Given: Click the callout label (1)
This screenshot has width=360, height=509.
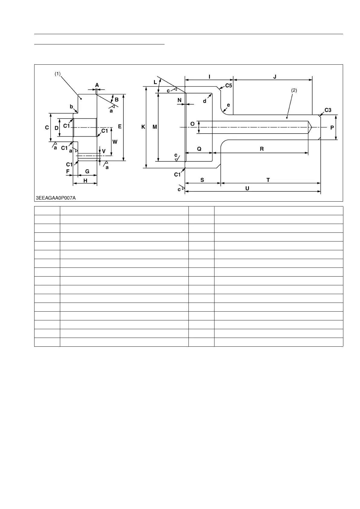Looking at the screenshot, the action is tap(57, 73).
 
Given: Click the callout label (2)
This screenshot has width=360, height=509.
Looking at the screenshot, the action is tap(294, 90).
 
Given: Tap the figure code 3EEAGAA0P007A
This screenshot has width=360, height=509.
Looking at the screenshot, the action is tap(56, 198).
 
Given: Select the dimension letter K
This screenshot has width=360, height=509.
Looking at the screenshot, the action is tap(143, 127).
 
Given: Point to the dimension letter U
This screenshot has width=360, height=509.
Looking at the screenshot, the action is tap(247, 188).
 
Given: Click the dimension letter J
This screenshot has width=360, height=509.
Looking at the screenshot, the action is tap(275, 77).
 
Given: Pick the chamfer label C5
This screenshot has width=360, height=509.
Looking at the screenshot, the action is tap(228, 86).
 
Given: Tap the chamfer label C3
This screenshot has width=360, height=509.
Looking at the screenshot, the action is tap(328, 110).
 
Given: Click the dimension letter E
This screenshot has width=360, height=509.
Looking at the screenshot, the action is tap(120, 127).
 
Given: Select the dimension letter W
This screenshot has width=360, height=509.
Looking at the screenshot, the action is tap(115, 142).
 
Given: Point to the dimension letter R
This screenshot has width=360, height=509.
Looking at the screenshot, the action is tap(262, 149).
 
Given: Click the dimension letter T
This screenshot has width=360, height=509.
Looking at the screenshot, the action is tap(268, 180).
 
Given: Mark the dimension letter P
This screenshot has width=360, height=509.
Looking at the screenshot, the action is tap(332, 128).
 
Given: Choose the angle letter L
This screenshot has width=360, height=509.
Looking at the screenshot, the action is tap(155, 82).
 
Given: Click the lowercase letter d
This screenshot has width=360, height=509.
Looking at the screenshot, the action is tap(205, 101).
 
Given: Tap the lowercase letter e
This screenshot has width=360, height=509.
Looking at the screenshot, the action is tap(228, 105).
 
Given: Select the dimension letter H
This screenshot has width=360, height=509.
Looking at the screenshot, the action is tap(85, 180).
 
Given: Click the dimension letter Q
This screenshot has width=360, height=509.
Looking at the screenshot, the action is tap(199, 149).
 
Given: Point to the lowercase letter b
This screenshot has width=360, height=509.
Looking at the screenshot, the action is tap(72, 106).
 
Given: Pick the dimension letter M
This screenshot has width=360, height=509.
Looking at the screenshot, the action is tap(155, 127).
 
